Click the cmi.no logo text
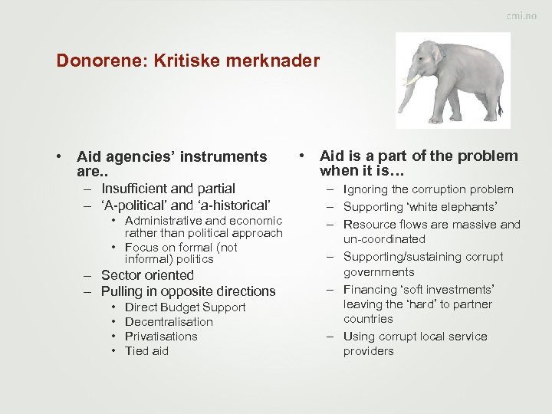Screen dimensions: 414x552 [521, 17]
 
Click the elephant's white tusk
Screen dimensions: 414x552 [415, 80]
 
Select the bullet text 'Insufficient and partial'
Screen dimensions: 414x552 [168, 189]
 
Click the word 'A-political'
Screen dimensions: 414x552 [134, 205]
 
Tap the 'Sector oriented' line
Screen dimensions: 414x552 [147, 275]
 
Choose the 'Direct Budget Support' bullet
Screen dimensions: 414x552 [185, 307]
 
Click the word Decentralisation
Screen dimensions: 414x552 [169, 322]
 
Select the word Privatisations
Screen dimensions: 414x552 [161, 337]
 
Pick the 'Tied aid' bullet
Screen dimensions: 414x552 [146, 351]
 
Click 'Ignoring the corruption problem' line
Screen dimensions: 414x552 [428, 189]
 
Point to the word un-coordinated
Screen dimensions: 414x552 [384, 239]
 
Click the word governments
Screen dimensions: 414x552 [379, 272]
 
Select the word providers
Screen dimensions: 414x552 [368, 351]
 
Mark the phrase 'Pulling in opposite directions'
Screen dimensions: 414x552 [188, 291]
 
